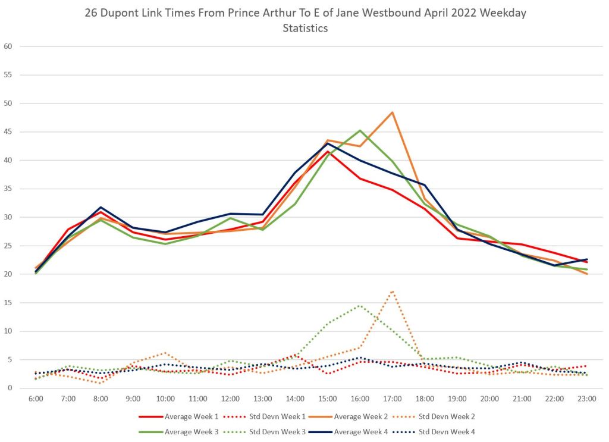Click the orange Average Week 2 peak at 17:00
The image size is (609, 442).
[393, 112]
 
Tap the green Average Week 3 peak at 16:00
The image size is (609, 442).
[360, 130]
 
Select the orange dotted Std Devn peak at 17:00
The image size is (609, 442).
[393, 291]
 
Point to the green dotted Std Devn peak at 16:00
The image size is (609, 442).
[360, 306]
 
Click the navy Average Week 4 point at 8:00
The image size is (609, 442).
[101, 207]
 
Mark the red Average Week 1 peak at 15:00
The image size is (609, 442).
[328, 152]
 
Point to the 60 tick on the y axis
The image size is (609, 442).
[8, 46]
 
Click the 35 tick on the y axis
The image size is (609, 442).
[8, 189]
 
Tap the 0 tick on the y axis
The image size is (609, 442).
[10, 388]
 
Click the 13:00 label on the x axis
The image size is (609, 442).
[263, 399]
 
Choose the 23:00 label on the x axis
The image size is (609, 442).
[587, 399]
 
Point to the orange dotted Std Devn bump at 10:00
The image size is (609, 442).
[165, 353]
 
